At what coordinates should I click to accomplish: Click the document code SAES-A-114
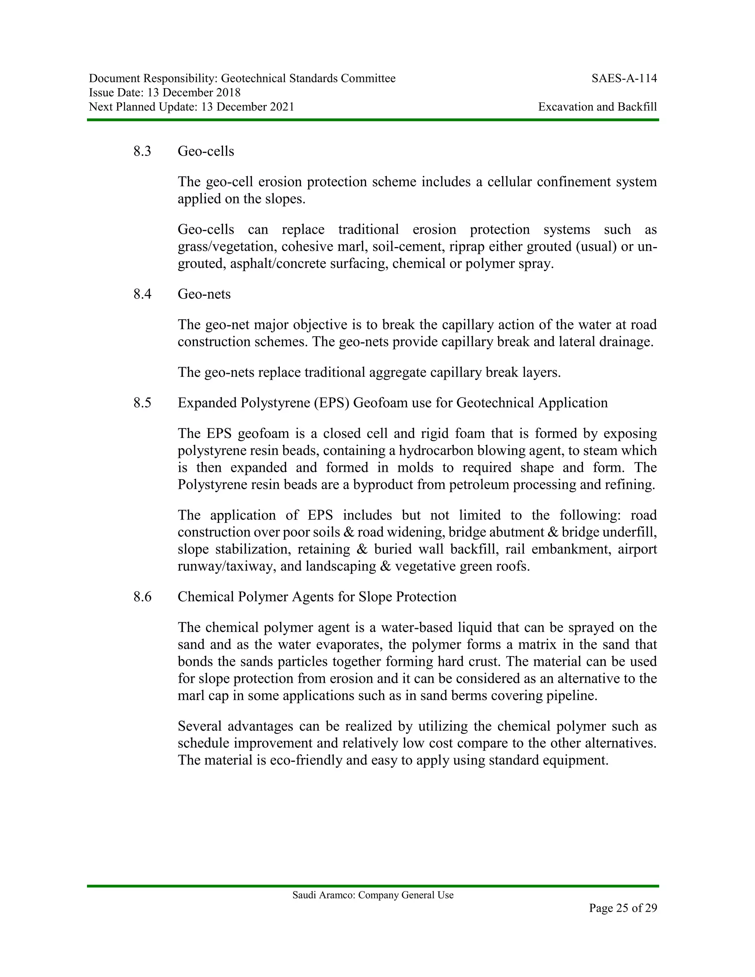pos(624,79)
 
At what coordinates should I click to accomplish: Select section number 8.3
pos(142,151)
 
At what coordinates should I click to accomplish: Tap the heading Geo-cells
pos(206,151)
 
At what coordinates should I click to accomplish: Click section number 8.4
pos(142,294)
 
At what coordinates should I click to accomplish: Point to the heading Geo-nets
pos(204,294)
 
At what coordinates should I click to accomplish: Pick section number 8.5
pos(142,403)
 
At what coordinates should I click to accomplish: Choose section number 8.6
pos(142,597)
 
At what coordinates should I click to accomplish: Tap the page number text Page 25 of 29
pos(623,908)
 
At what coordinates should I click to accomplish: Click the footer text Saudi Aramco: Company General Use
pos(373,895)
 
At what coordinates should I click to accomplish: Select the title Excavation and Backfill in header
pos(597,107)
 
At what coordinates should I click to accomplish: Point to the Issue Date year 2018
pos(228,93)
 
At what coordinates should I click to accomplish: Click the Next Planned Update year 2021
pos(282,107)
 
